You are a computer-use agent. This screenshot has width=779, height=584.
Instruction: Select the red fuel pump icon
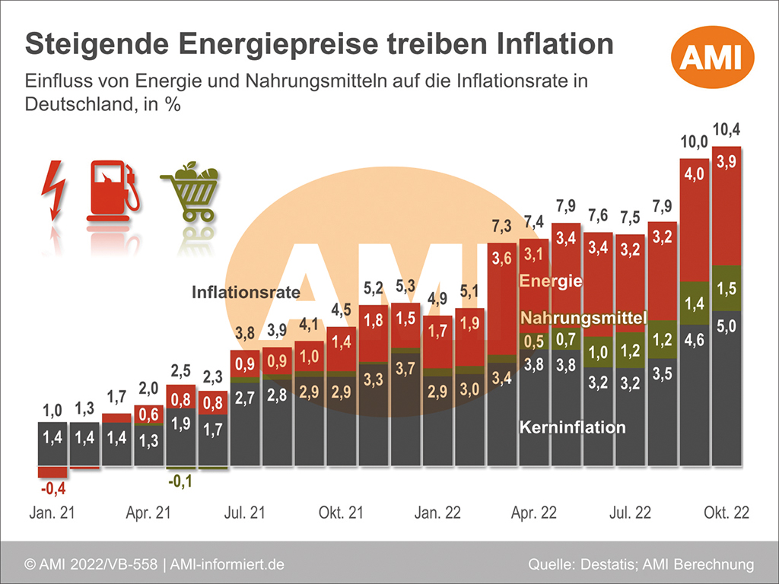click(113, 190)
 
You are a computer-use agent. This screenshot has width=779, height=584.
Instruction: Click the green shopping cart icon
click(191, 191)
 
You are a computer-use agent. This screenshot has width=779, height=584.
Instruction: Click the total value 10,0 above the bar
click(693, 141)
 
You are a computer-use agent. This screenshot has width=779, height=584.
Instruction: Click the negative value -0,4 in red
click(52, 488)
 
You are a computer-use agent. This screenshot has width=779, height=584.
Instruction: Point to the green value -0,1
click(181, 481)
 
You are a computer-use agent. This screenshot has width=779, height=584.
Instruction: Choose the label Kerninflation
click(572, 427)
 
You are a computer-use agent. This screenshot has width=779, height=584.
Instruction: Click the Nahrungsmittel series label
click(583, 317)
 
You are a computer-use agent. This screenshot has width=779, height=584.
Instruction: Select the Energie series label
click(551, 281)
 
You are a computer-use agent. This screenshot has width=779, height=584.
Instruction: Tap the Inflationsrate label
click(246, 292)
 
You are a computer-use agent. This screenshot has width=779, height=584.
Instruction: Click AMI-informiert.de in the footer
click(227, 564)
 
